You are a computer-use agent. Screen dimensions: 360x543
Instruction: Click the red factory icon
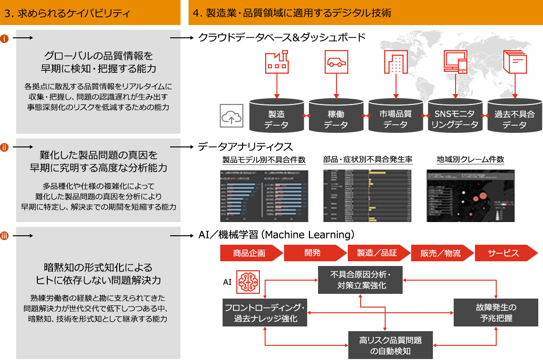click(x=276, y=62)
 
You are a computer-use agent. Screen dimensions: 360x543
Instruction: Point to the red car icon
click(x=336, y=62)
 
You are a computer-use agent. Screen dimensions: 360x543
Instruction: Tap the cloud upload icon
click(x=232, y=116)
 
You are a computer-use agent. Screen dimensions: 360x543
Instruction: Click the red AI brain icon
click(x=249, y=282)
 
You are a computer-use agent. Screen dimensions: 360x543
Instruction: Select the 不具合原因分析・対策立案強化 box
click(x=361, y=280)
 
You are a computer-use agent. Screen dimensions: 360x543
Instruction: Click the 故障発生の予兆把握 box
click(x=496, y=312)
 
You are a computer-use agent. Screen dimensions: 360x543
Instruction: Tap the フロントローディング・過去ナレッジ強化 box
click(x=265, y=312)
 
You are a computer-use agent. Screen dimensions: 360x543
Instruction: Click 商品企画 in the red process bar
click(x=249, y=253)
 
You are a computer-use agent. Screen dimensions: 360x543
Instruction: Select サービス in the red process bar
click(x=503, y=253)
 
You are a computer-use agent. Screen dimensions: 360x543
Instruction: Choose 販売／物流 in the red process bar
click(x=440, y=253)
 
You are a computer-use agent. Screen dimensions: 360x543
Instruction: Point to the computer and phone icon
click(x=455, y=62)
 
